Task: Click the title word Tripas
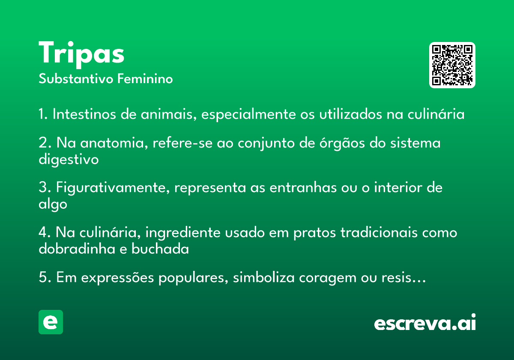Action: click(81, 54)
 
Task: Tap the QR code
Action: click(452, 65)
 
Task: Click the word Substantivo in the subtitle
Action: click(76, 79)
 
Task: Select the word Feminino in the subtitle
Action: click(145, 79)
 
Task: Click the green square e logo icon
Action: click(51, 322)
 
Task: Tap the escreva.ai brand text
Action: click(425, 322)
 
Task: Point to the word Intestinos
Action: click(84, 114)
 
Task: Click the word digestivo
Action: click(69, 159)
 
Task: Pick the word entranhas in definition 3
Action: click(303, 187)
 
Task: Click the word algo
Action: click(53, 204)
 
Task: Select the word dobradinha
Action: click(77, 249)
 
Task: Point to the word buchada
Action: click(160, 249)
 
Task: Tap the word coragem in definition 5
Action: click(327, 278)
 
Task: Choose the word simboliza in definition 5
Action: click(264, 277)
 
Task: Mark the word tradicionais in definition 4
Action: click(379, 232)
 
